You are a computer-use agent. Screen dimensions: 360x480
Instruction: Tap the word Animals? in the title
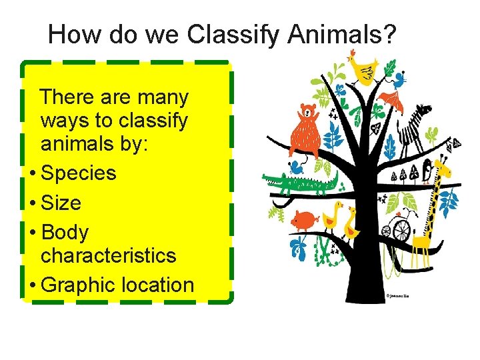(x=341, y=35)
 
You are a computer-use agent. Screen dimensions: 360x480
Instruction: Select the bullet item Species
(x=78, y=173)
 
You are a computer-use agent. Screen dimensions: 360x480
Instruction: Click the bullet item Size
(x=61, y=203)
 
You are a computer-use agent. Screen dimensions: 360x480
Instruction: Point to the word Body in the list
(x=65, y=232)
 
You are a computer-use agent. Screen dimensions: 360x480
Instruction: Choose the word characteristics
(x=109, y=255)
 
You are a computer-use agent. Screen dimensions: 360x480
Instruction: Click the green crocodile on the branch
(x=300, y=181)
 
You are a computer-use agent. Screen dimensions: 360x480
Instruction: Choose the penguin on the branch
(x=426, y=171)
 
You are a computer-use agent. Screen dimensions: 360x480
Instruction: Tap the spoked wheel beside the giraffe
(x=401, y=230)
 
